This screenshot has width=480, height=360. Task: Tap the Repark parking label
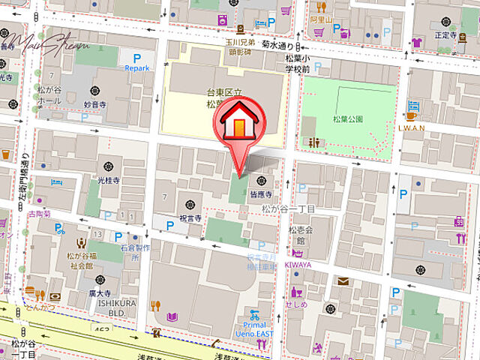(x=137, y=67)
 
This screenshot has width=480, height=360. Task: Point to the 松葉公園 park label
(x=348, y=118)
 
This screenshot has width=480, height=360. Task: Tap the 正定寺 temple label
(x=445, y=34)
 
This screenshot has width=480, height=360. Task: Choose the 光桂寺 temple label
(x=109, y=181)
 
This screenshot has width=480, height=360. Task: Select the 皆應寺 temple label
(x=262, y=193)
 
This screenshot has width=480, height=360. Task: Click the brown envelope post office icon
(x=343, y=281)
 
